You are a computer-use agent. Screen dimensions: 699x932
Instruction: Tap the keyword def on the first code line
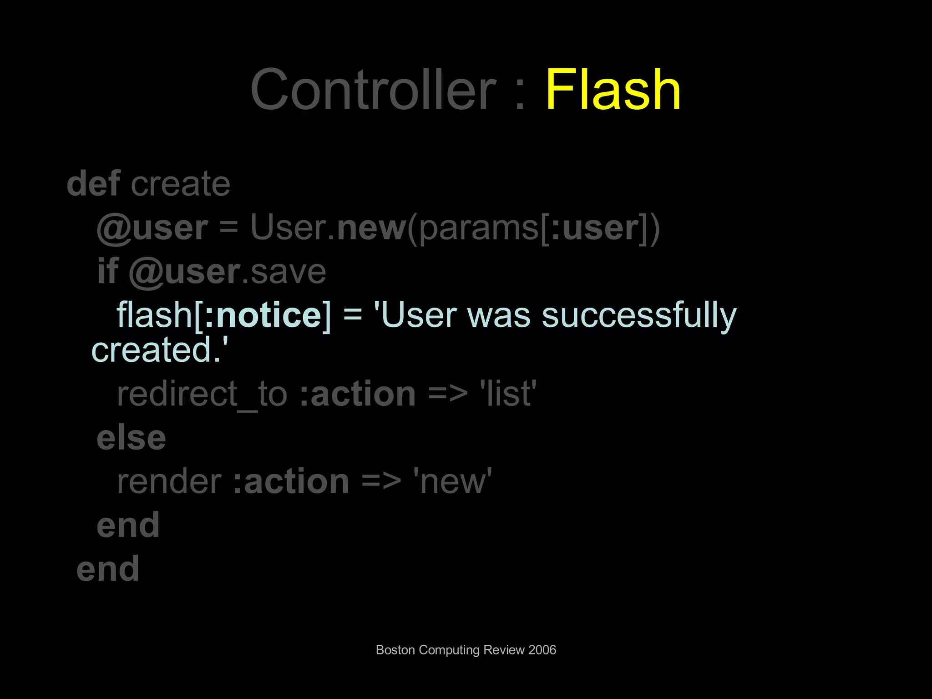point(94,183)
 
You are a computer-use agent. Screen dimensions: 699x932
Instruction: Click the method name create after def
point(181,184)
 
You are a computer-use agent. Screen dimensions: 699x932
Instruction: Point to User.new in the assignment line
point(328,227)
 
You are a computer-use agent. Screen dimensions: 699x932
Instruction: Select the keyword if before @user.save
point(107,271)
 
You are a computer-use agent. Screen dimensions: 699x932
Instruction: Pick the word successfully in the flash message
point(639,315)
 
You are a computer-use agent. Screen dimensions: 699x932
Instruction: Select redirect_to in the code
point(202,394)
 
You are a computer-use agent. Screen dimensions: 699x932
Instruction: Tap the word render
point(169,481)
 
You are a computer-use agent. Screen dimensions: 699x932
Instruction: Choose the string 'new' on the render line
point(452,481)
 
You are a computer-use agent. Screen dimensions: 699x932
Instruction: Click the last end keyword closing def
point(108,569)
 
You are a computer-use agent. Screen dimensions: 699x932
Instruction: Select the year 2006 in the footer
point(542,650)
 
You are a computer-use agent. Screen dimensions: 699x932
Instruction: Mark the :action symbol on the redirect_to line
point(358,394)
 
